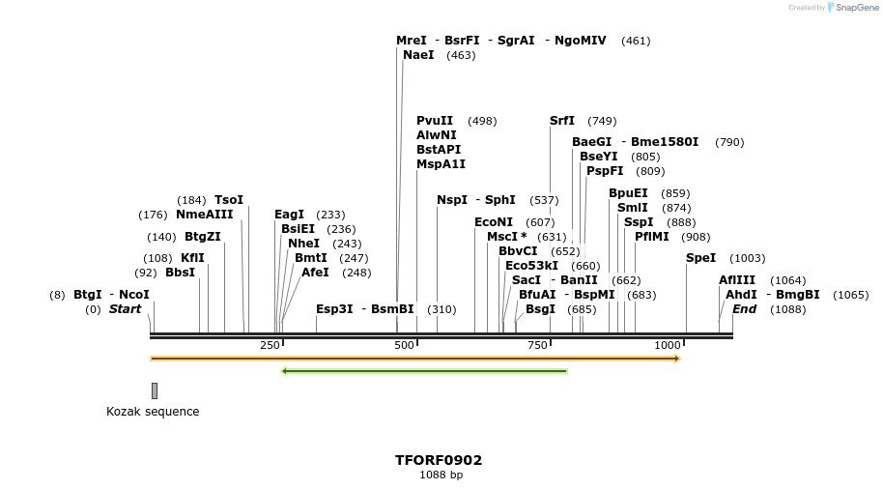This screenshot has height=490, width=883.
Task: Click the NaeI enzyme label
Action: pyautogui.click(x=418, y=55)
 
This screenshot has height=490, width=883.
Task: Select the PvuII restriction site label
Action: pyautogui.click(x=435, y=121)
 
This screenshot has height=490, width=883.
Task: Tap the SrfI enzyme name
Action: pyautogui.click(x=562, y=121)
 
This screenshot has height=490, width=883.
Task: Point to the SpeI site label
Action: pyautogui.click(x=701, y=258)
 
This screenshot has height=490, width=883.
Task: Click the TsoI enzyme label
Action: pyautogui.click(x=229, y=200)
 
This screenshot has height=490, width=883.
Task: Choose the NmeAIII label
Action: pyautogui.click(x=205, y=215)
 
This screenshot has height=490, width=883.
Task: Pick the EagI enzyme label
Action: pyautogui.click(x=290, y=215)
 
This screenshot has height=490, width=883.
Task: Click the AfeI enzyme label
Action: pyautogui.click(x=315, y=273)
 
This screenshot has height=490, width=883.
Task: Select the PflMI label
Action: pyautogui.click(x=652, y=237)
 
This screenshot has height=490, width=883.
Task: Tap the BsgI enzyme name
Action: pyautogui.click(x=541, y=309)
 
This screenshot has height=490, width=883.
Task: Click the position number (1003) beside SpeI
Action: pyautogui.click(x=748, y=258)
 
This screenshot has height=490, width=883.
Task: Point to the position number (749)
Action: pyautogui.click(x=602, y=121)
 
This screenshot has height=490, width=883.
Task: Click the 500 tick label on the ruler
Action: pyautogui.click(x=404, y=345)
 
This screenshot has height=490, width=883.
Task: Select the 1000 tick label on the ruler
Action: pyautogui.click(x=668, y=345)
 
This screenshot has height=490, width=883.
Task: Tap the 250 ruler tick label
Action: pyautogui.click(x=270, y=345)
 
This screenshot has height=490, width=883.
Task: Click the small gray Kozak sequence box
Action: pyautogui.click(x=155, y=390)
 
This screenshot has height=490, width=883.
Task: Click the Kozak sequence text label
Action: pyautogui.click(x=153, y=412)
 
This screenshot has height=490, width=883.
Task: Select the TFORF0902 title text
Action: pyautogui.click(x=439, y=460)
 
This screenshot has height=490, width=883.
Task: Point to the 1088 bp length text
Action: pyautogui.click(x=441, y=475)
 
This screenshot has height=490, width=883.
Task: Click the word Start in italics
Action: pyautogui.click(x=126, y=309)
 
